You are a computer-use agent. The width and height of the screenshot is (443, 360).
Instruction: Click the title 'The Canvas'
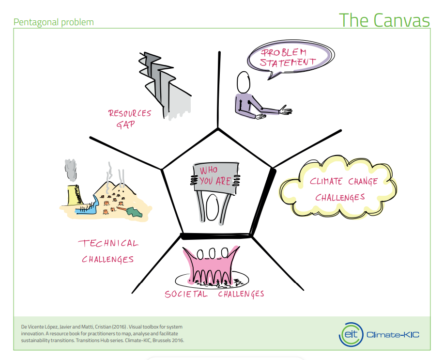(x=384, y=20)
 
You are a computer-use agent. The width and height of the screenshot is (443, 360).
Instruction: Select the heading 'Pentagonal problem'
(x=54, y=22)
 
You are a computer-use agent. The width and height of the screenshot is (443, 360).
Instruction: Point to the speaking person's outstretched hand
(x=286, y=111)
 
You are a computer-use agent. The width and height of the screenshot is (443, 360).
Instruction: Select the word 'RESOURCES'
(x=130, y=113)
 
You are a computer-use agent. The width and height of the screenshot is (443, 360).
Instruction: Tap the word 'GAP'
(x=125, y=125)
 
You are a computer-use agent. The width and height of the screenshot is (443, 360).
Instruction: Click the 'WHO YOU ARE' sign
(x=215, y=176)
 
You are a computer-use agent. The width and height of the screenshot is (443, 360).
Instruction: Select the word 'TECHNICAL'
(x=108, y=243)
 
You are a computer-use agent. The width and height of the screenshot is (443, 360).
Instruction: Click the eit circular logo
(x=350, y=334)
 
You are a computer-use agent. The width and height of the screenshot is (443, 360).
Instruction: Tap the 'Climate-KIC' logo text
(x=392, y=335)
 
